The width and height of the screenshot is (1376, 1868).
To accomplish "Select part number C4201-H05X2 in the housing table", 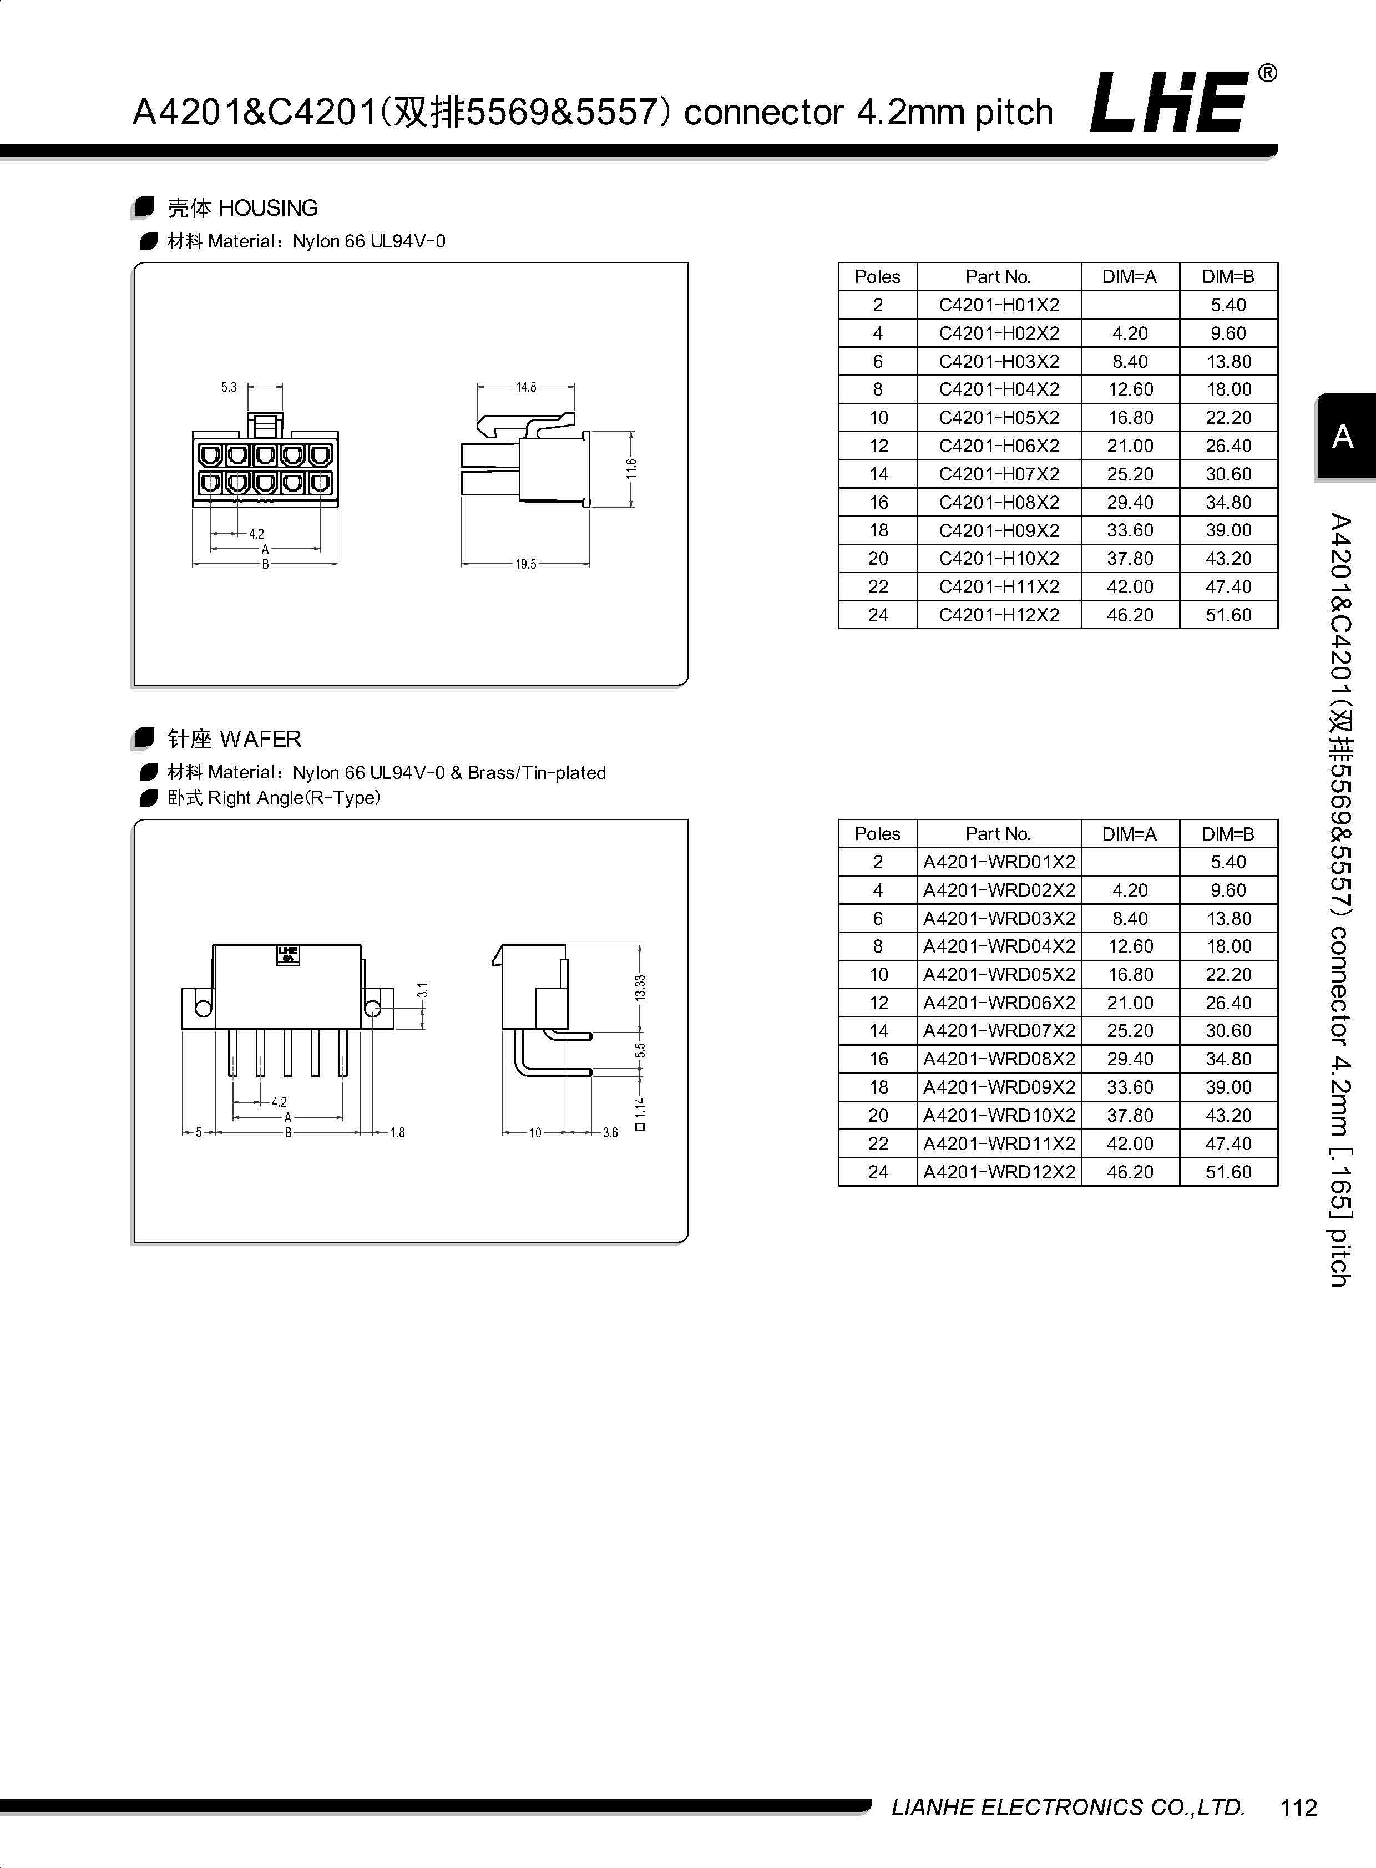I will click(999, 417).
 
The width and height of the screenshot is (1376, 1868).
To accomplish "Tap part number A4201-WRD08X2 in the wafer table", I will click(999, 1059).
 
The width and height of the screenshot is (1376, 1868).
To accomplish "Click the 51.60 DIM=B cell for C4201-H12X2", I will click(1228, 615).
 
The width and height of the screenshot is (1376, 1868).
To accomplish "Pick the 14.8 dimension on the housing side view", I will click(525, 387).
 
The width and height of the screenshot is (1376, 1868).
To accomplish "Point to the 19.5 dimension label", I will click(525, 564).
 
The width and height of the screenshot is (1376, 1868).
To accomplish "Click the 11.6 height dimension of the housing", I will click(631, 469).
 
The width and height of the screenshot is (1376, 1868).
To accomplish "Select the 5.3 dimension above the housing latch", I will click(229, 387).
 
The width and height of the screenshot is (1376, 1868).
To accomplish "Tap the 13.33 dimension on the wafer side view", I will click(640, 987).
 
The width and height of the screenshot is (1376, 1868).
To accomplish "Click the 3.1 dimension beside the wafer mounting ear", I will click(423, 990).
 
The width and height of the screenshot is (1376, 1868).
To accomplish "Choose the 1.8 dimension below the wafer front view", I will click(397, 1133).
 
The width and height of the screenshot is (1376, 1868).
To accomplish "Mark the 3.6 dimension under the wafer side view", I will click(610, 1133).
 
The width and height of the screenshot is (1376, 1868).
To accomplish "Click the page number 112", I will click(1298, 1807).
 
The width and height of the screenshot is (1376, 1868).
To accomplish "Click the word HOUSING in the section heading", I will click(267, 208).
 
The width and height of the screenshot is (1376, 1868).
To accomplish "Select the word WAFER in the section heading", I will click(261, 738).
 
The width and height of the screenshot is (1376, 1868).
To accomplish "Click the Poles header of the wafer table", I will click(877, 834).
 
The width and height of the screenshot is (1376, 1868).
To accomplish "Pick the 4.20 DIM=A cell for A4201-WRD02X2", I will click(1130, 890).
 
